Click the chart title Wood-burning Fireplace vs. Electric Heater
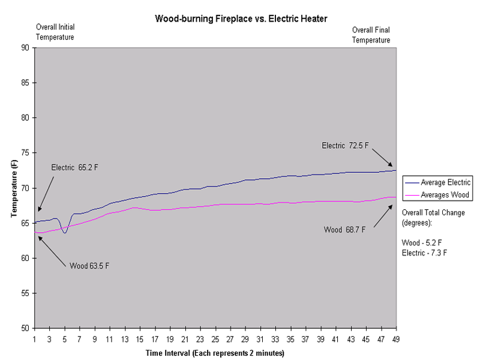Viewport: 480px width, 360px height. (x=241, y=19)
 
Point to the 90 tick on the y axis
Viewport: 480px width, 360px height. (x=23, y=47)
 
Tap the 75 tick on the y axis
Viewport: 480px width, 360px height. (x=23, y=153)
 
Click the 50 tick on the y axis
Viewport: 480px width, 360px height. (x=23, y=329)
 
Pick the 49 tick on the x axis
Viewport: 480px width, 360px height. (x=396, y=339)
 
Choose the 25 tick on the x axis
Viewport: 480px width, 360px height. (x=215, y=339)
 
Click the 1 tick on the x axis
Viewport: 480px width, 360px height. (x=34, y=339)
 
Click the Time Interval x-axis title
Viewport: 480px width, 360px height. (x=215, y=353)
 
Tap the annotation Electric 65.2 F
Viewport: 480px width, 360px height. (x=74, y=167)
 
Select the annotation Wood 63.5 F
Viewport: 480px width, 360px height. (x=90, y=265)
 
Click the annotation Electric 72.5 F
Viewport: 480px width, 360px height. (x=345, y=145)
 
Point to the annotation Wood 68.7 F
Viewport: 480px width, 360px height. (x=345, y=230)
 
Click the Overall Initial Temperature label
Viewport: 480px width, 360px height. (x=55, y=32)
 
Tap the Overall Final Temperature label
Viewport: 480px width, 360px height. (x=371, y=35)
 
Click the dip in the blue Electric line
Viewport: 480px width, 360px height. (x=64, y=232)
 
